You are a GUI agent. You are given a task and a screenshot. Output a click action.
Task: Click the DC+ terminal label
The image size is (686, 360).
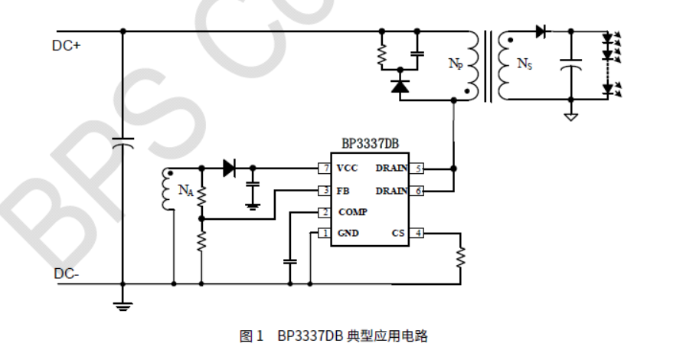(x=66, y=45)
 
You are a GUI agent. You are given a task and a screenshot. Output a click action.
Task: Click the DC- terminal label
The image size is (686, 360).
(x=65, y=273)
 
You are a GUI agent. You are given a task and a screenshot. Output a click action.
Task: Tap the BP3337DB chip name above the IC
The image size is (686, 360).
(x=371, y=144)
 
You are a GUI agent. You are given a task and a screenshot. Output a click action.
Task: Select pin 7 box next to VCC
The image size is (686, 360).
(x=325, y=168)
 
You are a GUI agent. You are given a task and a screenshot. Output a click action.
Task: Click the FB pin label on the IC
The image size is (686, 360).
(x=344, y=190)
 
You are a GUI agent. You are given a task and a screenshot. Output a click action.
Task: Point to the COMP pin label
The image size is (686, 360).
(x=352, y=212)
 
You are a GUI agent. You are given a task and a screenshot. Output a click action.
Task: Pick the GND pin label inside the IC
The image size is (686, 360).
(x=348, y=234)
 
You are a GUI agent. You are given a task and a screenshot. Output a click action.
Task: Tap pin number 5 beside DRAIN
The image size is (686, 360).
(x=417, y=168)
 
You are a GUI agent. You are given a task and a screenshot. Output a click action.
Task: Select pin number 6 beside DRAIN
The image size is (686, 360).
(x=417, y=190)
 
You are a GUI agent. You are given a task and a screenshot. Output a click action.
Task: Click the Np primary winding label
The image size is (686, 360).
(x=455, y=64)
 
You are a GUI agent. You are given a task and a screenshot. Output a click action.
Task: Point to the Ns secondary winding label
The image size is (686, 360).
(x=524, y=64)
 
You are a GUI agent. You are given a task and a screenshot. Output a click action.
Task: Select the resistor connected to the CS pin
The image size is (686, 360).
(x=461, y=257)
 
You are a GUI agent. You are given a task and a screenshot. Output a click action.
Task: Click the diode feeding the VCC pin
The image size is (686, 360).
(x=229, y=168)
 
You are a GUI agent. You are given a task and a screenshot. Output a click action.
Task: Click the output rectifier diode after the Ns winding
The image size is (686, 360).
(x=541, y=31)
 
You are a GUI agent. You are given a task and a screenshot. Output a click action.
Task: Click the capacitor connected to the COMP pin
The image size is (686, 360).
(x=289, y=262)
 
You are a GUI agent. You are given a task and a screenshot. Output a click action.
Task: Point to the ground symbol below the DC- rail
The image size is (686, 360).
(x=123, y=306)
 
